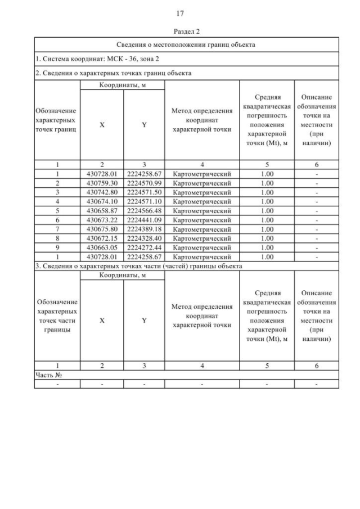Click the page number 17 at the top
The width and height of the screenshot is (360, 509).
pos(180,13)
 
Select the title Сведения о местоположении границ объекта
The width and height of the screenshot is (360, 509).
pos(186,44)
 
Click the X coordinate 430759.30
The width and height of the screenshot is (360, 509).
pos(102,183)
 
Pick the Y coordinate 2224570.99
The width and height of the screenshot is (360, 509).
pos(144,183)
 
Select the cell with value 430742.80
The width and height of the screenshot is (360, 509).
pos(102,192)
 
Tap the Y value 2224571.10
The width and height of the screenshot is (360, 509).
pos(144,201)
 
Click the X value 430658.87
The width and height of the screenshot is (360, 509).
pos(102,210)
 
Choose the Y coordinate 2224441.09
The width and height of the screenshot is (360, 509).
pos(144,219)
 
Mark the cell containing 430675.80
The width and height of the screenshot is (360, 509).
pos(102,228)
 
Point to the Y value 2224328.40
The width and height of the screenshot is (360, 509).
pos(144,237)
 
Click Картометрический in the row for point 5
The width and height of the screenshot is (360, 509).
pos(202,210)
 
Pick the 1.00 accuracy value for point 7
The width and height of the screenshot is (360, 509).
pos(267,228)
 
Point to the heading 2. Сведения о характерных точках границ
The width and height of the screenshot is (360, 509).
pos(113,73)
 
